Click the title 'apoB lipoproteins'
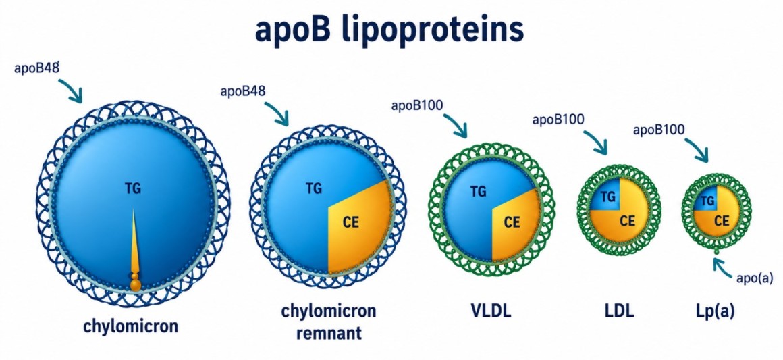pyautogui.click(x=389, y=31)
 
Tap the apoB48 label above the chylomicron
pyautogui.click(x=37, y=68)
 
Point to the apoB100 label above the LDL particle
pyautogui.click(x=559, y=120)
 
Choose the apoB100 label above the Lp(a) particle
pyautogui.click(x=659, y=130)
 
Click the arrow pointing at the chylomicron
pyautogui.click(x=71, y=90)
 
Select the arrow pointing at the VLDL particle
pyautogui.click(x=456, y=125)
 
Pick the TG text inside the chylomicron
pyautogui.click(x=133, y=189)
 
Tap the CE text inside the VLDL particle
pyautogui.click(x=512, y=222)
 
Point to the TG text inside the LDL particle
pyautogui.click(x=607, y=197)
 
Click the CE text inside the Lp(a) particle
pyautogui.click(x=721, y=220)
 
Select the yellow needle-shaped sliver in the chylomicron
pyautogui.click(x=135, y=250)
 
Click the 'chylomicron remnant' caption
pyautogui.click(x=328, y=322)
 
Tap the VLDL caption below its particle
pyautogui.click(x=491, y=311)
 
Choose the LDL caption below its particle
pyautogui.click(x=618, y=311)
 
